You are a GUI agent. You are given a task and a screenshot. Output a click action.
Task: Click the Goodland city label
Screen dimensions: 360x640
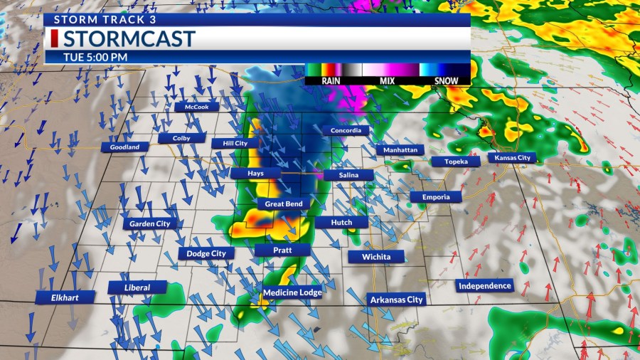pos(125,147)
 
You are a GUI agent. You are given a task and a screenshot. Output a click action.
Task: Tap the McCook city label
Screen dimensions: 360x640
pos(196,107)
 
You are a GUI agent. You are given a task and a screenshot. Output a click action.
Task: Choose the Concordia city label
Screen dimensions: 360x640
pos(346,130)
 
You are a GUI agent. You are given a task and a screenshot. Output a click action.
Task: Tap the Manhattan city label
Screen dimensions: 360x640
pos(400,150)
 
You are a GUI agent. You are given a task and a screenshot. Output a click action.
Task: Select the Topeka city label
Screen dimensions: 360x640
pos(456,162)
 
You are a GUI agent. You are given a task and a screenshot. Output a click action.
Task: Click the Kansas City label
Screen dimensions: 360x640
pos(509,157)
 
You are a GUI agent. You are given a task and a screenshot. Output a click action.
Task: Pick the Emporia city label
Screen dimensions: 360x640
pos(436,196)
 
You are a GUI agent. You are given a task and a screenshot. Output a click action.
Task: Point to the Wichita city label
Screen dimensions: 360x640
pos(376,256)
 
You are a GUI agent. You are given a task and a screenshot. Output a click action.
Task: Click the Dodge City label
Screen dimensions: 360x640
pos(206,253)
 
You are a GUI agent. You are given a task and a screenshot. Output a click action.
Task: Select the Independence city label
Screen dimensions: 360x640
pos(485,285)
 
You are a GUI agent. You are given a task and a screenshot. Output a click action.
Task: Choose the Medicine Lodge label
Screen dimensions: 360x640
pos(292,292)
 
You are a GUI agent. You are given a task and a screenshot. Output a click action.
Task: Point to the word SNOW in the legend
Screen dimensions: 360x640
pos(447,81)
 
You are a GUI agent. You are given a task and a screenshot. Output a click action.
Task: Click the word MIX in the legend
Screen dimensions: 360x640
pos(387,81)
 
